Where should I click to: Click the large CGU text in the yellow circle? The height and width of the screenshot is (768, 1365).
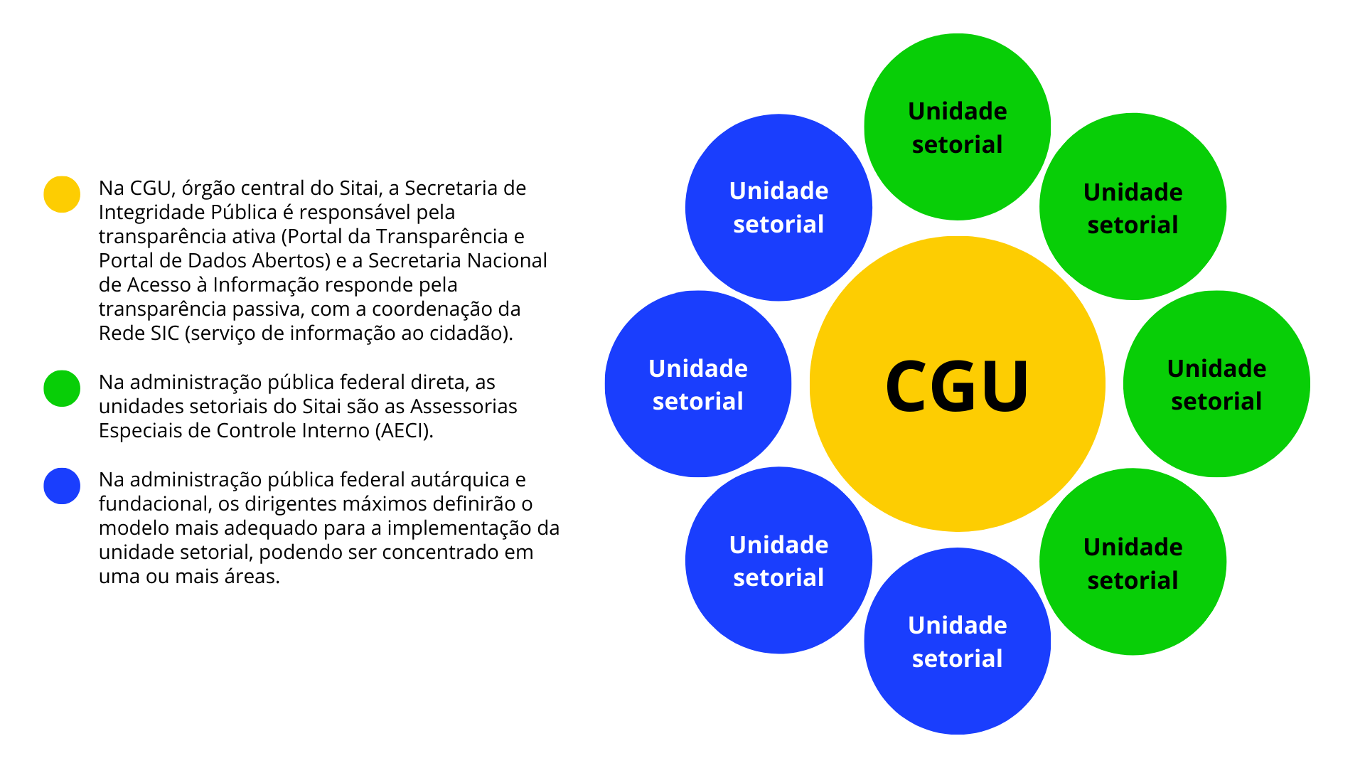[957, 385]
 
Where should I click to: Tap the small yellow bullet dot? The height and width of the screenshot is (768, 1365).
[62, 194]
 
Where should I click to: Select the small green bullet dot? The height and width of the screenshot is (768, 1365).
[62, 388]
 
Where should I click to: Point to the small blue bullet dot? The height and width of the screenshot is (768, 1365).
[62, 486]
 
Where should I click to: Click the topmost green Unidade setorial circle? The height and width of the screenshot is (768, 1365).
[957, 127]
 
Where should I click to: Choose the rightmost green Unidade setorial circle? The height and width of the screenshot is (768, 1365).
[1216, 384]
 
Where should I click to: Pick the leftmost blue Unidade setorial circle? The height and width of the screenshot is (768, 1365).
[697, 384]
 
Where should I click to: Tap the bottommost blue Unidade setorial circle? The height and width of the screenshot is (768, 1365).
[957, 641]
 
